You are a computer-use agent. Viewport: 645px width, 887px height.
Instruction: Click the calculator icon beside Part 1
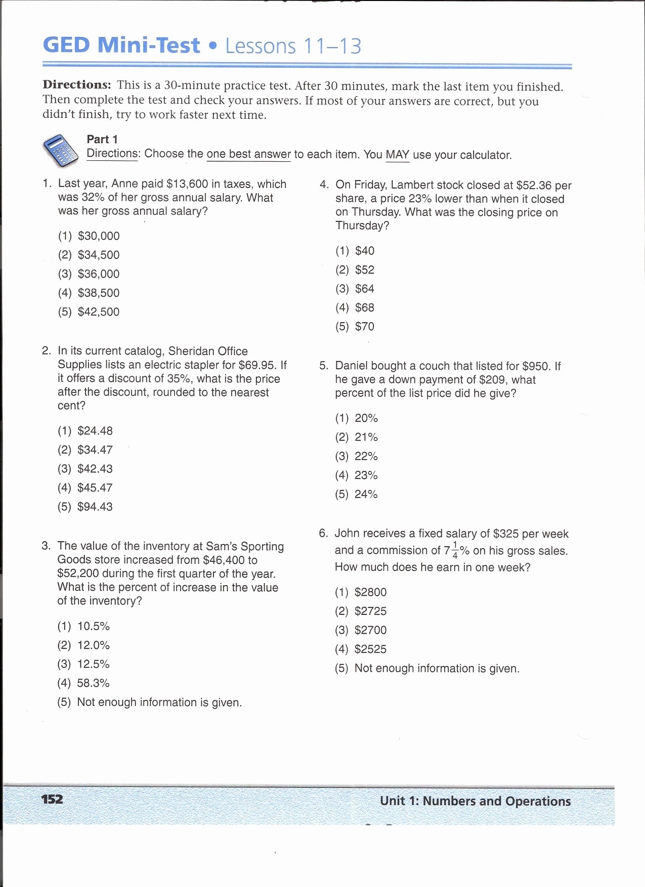click(x=60, y=151)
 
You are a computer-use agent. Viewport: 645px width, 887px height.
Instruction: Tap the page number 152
click(x=52, y=799)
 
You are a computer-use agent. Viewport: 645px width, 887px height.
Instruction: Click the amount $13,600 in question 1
click(x=187, y=184)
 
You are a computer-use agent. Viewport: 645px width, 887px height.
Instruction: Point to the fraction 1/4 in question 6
click(x=455, y=550)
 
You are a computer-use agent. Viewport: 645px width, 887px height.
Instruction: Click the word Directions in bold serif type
click(x=76, y=85)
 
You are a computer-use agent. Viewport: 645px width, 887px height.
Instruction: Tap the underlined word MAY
click(x=397, y=155)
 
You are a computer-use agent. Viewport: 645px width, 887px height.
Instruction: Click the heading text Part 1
click(x=102, y=140)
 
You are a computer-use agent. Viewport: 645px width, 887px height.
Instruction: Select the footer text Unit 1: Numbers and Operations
click(x=475, y=801)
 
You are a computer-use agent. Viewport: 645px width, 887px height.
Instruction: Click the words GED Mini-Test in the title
click(x=121, y=46)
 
